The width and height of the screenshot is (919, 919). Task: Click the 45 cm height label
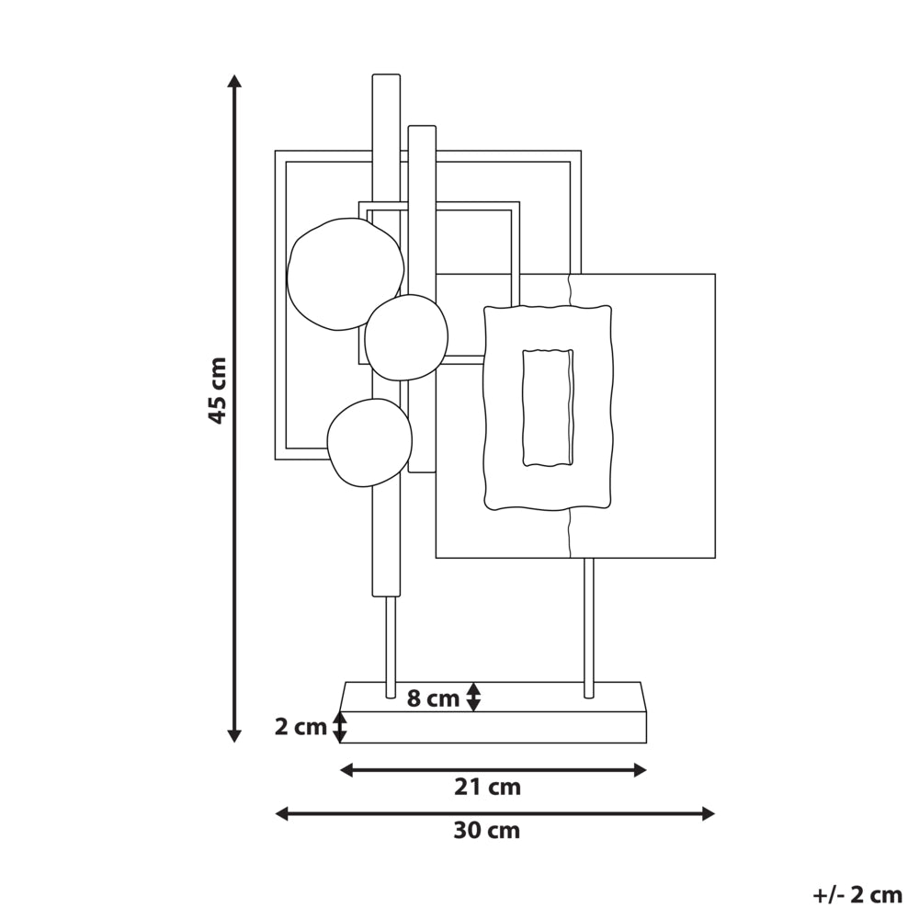pyautogui.click(x=218, y=391)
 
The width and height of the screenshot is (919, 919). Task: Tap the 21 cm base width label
pyautogui.click(x=487, y=788)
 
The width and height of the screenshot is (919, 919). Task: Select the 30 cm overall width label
pyautogui.click(x=486, y=831)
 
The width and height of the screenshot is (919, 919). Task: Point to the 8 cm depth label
pyautogui.click(x=433, y=698)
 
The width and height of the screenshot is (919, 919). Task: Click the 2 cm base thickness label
pyautogui.click(x=301, y=727)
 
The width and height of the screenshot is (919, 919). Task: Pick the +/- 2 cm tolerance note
pyautogui.click(x=857, y=895)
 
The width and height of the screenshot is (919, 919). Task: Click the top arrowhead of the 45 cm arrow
pyautogui.click(x=234, y=82)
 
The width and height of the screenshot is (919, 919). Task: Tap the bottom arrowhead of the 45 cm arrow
pyautogui.click(x=234, y=735)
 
